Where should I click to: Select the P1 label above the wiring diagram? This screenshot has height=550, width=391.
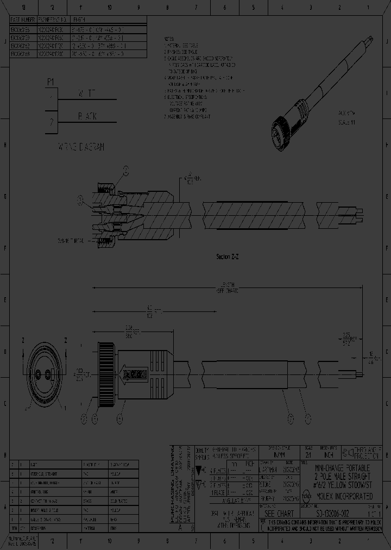[51, 82]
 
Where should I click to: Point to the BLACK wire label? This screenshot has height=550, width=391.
[87, 116]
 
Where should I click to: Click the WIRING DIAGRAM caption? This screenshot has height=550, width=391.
[81, 147]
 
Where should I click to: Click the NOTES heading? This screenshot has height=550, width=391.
[170, 40]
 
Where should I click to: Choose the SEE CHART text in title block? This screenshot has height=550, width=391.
[279, 514]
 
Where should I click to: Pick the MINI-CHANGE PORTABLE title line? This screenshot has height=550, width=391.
[343, 467]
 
